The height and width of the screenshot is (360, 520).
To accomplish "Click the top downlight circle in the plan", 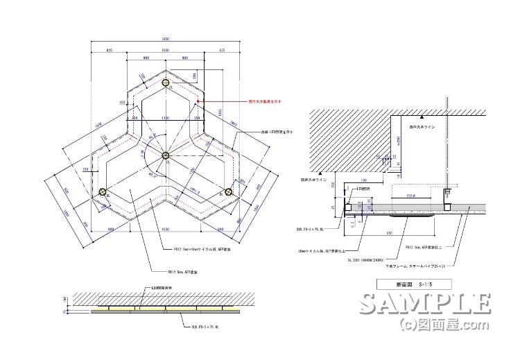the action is (166, 84).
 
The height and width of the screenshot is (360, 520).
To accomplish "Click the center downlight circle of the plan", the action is (166, 155).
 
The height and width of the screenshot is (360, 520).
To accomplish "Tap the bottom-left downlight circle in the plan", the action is (103, 192).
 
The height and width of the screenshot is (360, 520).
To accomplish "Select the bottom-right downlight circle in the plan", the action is (228, 192).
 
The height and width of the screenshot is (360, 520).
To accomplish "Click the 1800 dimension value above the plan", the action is (166, 51).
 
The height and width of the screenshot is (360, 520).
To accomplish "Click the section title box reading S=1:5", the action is (413, 283).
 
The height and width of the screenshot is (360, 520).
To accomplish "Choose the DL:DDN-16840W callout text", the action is (365, 260).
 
